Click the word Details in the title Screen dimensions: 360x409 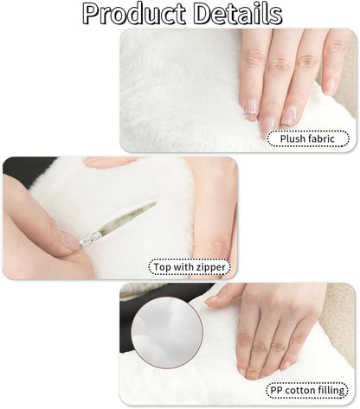(238, 14)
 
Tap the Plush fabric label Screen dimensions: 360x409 (308, 138)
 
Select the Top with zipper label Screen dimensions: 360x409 (190, 267)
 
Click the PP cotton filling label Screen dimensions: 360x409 (307, 391)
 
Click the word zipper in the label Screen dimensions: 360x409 (211, 267)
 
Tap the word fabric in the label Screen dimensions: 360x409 (320, 138)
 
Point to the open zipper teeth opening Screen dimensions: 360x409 (128, 216)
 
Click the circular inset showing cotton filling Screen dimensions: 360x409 (167, 333)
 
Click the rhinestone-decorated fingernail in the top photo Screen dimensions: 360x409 (250, 110)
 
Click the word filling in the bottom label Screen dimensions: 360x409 (331, 391)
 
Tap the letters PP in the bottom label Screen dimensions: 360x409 (277, 391)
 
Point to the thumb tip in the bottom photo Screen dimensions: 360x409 (212, 300)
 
